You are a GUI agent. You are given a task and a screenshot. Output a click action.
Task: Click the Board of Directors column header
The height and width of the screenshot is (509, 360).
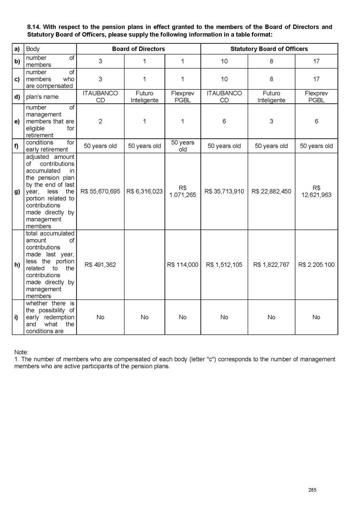tap(138, 49)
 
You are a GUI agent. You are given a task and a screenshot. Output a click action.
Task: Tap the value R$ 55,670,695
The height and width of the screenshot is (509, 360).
tap(100, 191)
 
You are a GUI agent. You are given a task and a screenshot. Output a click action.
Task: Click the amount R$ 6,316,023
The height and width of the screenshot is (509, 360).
tap(145, 191)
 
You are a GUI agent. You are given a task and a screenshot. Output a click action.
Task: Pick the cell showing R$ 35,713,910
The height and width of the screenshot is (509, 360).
tap(224, 191)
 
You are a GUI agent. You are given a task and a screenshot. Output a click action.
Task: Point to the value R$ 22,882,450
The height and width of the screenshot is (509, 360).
tap(271, 191)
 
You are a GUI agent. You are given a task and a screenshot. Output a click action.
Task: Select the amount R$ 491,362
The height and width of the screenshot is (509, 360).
tap(100, 265)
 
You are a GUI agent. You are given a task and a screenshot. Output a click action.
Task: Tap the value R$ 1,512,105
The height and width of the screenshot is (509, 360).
tap(224, 265)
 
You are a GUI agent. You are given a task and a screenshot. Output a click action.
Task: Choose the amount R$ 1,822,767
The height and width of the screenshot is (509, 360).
tap(271, 265)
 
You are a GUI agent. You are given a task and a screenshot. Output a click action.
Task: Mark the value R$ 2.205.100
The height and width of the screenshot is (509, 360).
tap(316, 265)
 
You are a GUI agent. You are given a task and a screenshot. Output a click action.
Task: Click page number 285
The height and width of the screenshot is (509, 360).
tap(312, 490)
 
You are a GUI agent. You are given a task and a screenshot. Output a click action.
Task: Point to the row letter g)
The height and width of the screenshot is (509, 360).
tap(17, 191)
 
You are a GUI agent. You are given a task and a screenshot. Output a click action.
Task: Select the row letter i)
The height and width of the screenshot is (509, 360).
tap(16, 317)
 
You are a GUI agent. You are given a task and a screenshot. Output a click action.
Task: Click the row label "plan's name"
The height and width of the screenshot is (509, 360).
tap(43, 97)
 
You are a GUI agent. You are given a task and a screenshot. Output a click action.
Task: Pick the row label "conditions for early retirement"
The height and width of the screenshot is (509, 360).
tap(50, 146)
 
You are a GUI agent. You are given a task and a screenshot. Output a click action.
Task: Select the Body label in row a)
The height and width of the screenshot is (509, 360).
tap(33, 49)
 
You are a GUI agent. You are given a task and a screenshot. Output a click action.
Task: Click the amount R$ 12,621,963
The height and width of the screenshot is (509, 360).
tap(316, 191)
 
